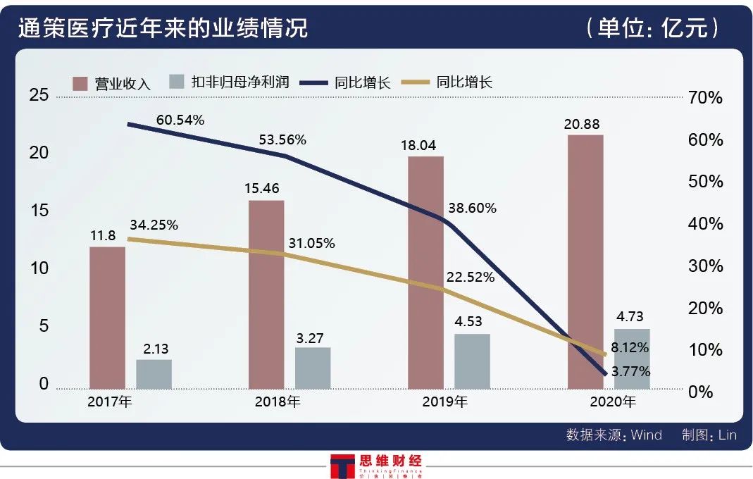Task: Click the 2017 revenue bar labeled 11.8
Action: (x=107, y=317)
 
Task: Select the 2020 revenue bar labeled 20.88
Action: (x=585, y=261)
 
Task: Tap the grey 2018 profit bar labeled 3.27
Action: (x=313, y=367)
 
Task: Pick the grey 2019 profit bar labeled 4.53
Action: (x=472, y=361)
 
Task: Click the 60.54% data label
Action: (x=180, y=120)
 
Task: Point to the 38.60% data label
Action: (x=472, y=209)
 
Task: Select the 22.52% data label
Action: (x=470, y=278)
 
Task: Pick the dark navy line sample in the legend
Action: (x=313, y=82)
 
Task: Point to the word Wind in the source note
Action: (x=646, y=435)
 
